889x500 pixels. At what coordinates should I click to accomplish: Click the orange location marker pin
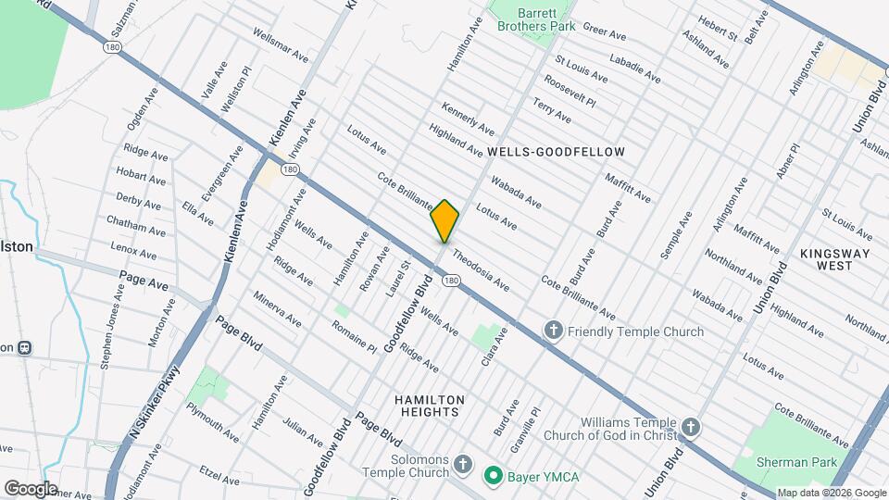pos(445,221)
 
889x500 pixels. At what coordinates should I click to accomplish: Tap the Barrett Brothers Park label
pos(536,19)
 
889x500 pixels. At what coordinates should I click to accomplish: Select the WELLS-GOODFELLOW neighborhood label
pos(556,151)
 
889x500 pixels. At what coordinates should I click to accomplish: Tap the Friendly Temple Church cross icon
pos(553,331)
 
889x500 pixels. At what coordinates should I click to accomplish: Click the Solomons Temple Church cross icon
pos(464,461)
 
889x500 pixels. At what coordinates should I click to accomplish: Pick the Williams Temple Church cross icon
pos(690,427)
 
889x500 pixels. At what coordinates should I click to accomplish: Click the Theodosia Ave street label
pos(481,268)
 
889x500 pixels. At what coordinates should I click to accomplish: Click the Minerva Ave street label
pos(279,309)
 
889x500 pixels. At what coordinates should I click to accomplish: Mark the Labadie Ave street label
pos(635,69)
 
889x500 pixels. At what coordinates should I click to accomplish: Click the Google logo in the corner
pos(31,488)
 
